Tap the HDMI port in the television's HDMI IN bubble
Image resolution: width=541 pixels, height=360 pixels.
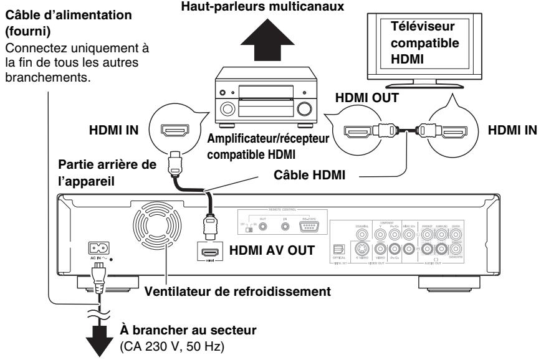451,131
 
